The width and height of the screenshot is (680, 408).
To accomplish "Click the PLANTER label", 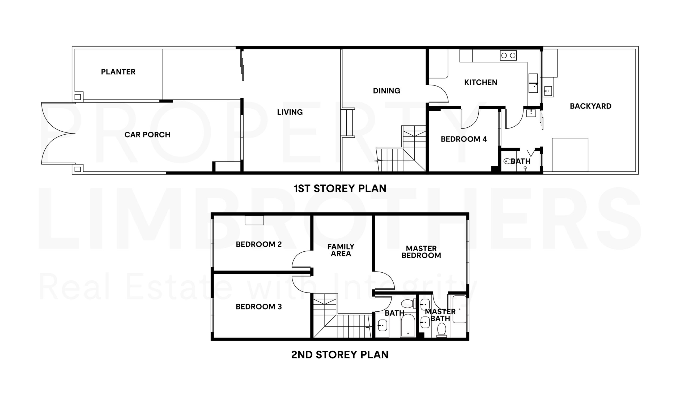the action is pos(118,72).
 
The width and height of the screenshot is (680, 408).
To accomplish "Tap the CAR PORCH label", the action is pos(147,135).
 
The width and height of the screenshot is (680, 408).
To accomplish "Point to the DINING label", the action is pos(386,91).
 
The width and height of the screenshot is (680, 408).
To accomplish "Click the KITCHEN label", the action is pos(481,82).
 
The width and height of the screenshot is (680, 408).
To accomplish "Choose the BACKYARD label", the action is pos(590,106).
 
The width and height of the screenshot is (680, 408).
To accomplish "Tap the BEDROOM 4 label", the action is pos(464,139).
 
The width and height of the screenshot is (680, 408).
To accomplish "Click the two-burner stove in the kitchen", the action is pos(508,55).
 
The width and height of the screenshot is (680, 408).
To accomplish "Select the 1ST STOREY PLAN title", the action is pos(340,188).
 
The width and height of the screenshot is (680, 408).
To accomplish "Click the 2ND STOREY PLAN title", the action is pos(340,355).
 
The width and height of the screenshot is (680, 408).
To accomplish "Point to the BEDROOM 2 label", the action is pos(258,244).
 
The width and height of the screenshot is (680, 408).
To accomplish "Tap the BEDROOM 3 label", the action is pos(258,307).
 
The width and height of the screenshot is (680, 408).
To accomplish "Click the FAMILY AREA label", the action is pos(341,250).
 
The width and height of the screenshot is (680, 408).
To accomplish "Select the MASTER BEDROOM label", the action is pos(421,252).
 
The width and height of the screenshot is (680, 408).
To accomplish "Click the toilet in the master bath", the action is pos(441,330).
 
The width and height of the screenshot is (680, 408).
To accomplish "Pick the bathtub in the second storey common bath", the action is pos(408,325).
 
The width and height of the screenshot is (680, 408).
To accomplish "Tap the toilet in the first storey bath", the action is pos(507,161).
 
